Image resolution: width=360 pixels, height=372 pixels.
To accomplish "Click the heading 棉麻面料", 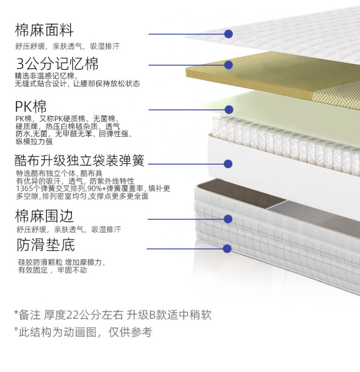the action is tap(45, 31).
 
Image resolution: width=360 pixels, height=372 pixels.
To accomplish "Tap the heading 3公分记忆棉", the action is tap(58, 64).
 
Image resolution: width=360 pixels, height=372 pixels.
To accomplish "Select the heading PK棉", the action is tap(31, 107).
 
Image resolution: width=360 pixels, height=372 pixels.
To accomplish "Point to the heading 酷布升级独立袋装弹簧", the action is tap(79, 161).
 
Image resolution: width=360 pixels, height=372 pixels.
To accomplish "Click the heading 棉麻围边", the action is tap(45, 216).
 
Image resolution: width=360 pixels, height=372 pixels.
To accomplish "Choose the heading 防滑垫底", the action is tap(46, 245).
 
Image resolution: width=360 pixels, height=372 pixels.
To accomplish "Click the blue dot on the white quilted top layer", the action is tap(228, 34).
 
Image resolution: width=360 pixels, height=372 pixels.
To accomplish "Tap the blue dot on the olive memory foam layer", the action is tap(228, 65).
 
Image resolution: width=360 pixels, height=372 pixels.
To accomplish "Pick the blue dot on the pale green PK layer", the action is tap(228, 110).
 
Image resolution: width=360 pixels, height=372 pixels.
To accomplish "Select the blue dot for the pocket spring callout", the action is tap(228, 164).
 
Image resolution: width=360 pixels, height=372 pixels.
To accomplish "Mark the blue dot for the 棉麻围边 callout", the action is tap(228, 219).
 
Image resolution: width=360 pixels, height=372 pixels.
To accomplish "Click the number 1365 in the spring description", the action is tap(24, 189).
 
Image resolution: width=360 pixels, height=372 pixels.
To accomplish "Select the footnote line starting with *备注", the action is tap(113, 315).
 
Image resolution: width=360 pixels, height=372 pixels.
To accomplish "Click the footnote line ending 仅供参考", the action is tap(83, 332).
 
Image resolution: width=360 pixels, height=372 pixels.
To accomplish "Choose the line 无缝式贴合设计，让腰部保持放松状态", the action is tap(77, 84).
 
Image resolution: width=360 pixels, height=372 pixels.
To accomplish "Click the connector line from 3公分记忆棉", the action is tap(186, 65).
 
